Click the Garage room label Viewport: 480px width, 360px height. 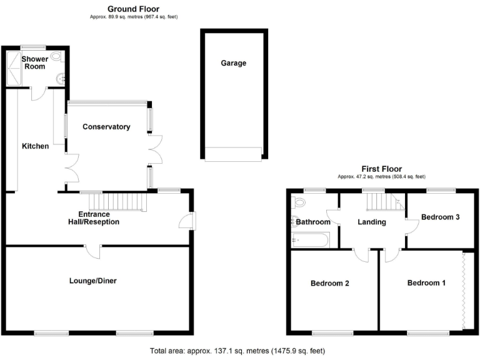pyautogui.click(x=233, y=63)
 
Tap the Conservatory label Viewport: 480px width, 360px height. pyautogui.click(x=106, y=127)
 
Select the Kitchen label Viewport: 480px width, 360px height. pyautogui.click(x=35, y=146)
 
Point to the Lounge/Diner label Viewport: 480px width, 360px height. pyautogui.click(x=92, y=281)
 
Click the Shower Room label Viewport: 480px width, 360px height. pyautogui.click(x=35, y=62)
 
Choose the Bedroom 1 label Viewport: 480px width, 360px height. pyautogui.click(x=426, y=283)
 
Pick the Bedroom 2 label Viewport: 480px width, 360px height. pyautogui.click(x=329, y=283)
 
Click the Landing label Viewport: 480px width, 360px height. pyautogui.click(x=371, y=222)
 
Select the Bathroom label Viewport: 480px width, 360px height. pyautogui.click(x=313, y=222)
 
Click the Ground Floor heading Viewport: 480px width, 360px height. pyautogui.click(x=132, y=9)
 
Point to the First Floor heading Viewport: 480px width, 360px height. pyautogui.click(x=381, y=169)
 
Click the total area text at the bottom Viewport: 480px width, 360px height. pyautogui.click(x=237, y=351)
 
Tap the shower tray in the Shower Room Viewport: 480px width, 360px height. pyautogui.click(x=14, y=68)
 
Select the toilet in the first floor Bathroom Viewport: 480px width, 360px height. pyautogui.click(x=298, y=202)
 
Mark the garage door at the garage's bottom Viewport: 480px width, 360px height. pyautogui.click(x=232, y=154)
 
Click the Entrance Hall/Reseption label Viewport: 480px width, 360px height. pyautogui.click(x=94, y=218)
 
